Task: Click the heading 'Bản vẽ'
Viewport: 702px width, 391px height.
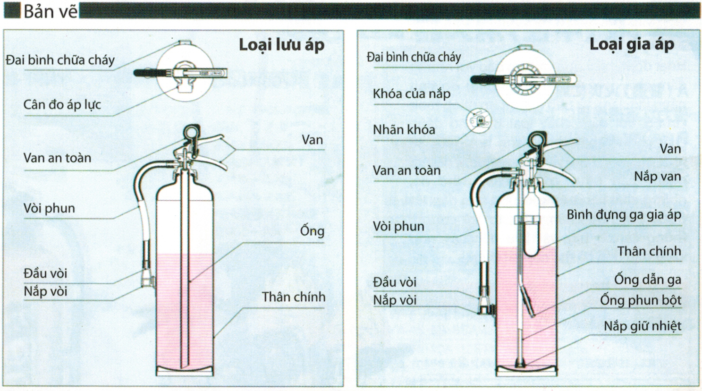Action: pos(50,11)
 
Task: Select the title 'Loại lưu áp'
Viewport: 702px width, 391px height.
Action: pos(281,45)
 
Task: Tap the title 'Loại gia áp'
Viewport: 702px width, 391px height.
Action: pos(632,44)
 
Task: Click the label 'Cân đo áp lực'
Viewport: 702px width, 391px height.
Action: pos(62,105)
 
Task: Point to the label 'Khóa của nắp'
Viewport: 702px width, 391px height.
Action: pos(411,93)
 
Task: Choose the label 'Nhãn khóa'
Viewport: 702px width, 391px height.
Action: pos(404,130)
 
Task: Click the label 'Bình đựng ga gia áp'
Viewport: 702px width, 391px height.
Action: pos(624,215)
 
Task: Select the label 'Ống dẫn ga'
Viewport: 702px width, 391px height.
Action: pos(647,280)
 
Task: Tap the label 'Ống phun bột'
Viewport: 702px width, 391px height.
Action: pos(641,300)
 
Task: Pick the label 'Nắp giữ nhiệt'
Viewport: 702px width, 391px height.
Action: pos(643,326)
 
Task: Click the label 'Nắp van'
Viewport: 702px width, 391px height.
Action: pos(657,177)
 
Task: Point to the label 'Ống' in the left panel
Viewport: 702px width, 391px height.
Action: pos(312,231)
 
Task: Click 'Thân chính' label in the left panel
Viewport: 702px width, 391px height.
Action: pos(293,297)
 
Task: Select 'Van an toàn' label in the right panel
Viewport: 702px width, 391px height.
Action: pos(406,170)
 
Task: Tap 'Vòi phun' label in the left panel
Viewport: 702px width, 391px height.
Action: pos(49,208)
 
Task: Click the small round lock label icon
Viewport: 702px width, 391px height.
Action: pos(479,120)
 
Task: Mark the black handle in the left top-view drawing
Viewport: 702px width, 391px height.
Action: pos(153,73)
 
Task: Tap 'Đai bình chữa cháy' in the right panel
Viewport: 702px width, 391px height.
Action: pos(414,58)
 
